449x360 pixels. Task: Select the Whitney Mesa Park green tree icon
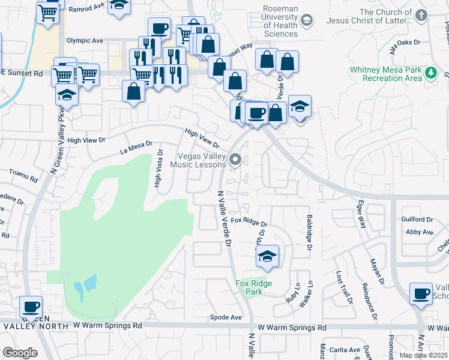(430, 74)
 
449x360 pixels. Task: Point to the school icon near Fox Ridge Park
(267, 257)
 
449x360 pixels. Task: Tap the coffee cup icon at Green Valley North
(31, 307)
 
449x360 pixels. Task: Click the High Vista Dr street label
(158, 168)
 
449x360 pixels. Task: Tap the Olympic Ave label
(85, 41)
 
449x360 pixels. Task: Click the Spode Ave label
(226, 317)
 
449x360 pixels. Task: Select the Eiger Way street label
(362, 214)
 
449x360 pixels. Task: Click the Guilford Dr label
(418, 220)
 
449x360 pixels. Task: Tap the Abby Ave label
(420, 232)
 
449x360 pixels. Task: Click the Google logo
(20, 353)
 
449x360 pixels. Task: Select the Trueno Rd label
(23, 175)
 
